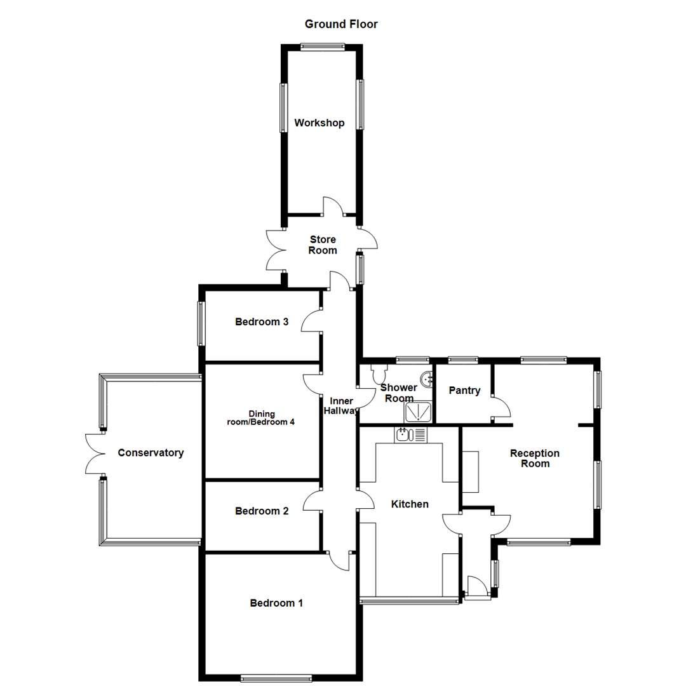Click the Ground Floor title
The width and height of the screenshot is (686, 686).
pyautogui.click(x=341, y=24)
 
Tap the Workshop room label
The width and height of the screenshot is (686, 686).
pyautogui.click(x=319, y=123)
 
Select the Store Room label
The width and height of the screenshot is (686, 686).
pyautogui.click(x=323, y=245)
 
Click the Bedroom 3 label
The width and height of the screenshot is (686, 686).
pyautogui.click(x=262, y=322)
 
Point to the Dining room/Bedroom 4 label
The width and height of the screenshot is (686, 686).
pyautogui.click(x=261, y=418)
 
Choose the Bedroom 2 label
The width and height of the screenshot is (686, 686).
pyautogui.click(x=262, y=511)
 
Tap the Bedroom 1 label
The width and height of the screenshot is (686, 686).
pyautogui.click(x=276, y=603)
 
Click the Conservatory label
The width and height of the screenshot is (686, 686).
pyautogui.click(x=151, y=453)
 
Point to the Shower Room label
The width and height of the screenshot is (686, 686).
pyautogui.click(x=398, y=393)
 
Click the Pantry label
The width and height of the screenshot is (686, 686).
pyautogui.click(x=464, y=391)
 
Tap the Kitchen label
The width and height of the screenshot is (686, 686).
pyautogui.click(x=410, y=504)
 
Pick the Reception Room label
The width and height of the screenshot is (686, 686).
pyautogui.click(x=535, y=458)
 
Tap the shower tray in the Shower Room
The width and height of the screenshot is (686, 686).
pyautogui.click(x=419, y=412)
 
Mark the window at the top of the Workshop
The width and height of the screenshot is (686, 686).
pyautogui.click(x=323, y=46)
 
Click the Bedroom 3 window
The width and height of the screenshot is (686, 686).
pyautogui.click(x=201, y=323)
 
